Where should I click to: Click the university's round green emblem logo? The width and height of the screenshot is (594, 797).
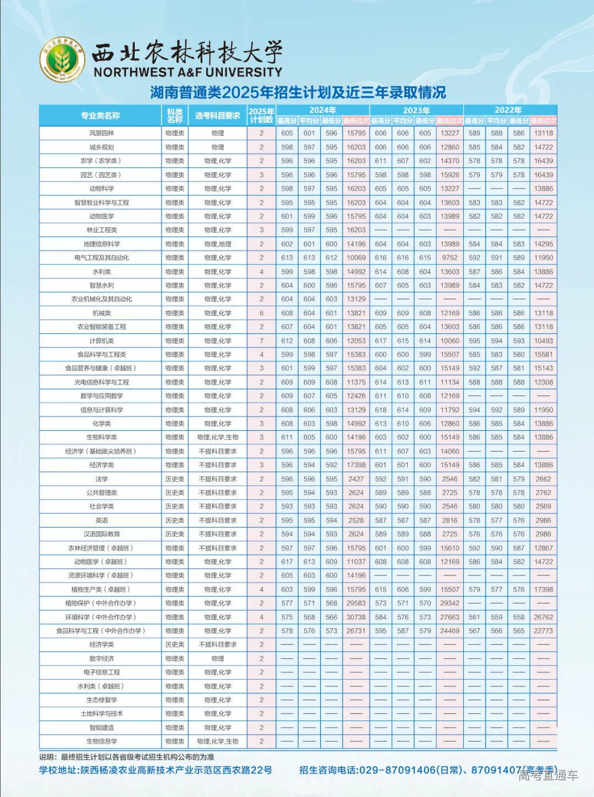coord(63,60)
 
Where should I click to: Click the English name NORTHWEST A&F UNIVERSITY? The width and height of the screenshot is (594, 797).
coord(188,72)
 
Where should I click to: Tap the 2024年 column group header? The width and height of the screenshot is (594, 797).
coord(322,110)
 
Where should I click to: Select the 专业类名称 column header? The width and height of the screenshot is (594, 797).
coord(100,116)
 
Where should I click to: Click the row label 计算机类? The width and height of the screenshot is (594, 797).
coord(102,341)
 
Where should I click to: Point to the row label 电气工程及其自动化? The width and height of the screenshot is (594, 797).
coord(102,258)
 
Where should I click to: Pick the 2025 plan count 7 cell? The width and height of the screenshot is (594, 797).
coord(261,341)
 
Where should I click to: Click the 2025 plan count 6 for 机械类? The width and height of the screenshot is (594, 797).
coord(261,313)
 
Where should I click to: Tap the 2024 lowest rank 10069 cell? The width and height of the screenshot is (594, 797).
coord(356,258)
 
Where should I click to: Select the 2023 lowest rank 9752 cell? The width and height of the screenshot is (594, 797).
coord(449,258)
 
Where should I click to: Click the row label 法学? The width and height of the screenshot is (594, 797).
coord(102,479)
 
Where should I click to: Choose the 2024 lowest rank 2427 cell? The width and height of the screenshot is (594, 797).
coord(356,479)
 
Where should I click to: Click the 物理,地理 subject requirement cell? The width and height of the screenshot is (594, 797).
coord(218,244)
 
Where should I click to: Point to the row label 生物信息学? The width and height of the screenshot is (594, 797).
coord(102,741)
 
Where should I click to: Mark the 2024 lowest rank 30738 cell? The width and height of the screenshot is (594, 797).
coord(356,617)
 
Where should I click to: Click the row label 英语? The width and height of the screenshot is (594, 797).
coord(102,520)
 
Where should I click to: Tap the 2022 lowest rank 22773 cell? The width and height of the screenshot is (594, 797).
coord(543,631)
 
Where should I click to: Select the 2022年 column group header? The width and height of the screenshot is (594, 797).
coord(508,110)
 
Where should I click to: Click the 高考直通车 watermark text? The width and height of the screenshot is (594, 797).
coord(548,776)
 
